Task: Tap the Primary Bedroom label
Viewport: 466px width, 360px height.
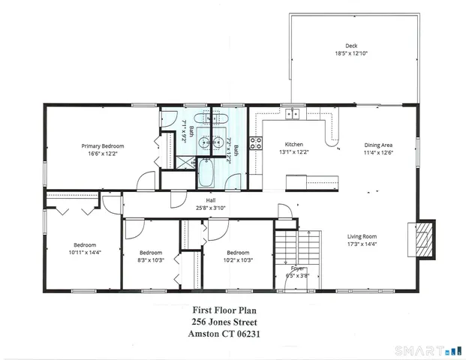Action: pyautogui.click(x=103, y=145)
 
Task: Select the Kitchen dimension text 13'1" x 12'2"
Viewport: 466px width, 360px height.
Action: pyautogui.click(x=293, y=152)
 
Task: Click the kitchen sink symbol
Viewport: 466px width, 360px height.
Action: pyautogui.click(x=292, y=114)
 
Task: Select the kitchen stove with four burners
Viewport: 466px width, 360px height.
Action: pyautogui.click(x=255, y=144)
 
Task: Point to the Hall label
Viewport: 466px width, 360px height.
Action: pyautogui.click(x=200, y=200)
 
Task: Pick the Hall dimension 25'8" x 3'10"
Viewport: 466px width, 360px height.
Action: pyautogui.click(x=200, y=208)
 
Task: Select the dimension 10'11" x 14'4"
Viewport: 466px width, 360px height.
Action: pyautogui.click(x=85, y=253)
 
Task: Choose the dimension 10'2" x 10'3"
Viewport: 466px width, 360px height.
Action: pyautogui.click(x=237, y=260)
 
